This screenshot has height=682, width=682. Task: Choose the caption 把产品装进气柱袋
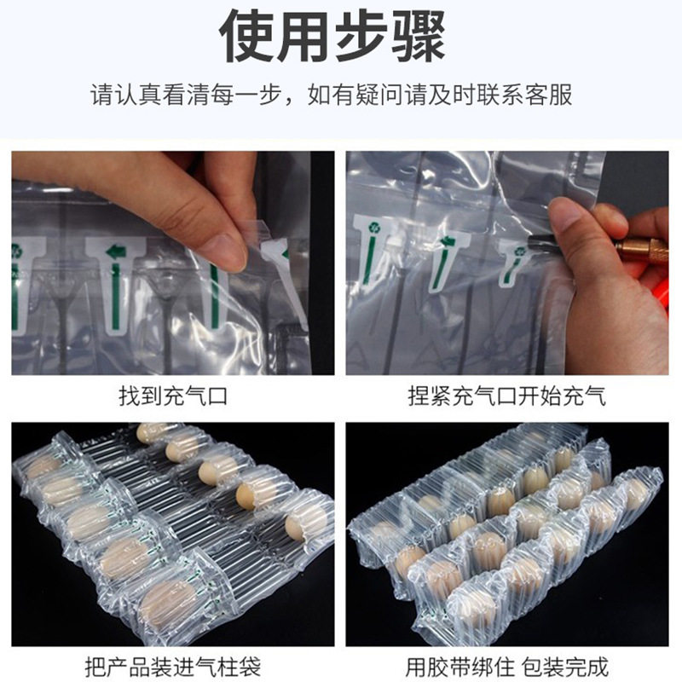[173, 665]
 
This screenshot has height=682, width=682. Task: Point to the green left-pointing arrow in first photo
[116, 251]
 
